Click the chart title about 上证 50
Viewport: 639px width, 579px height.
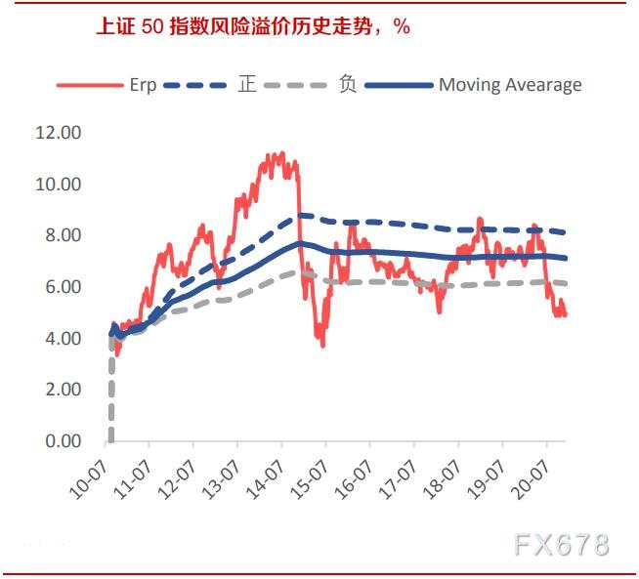(x=252, y=26)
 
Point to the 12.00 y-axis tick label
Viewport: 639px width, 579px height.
(x=58, y=133)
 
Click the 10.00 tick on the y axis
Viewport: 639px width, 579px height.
(x=58, y=185)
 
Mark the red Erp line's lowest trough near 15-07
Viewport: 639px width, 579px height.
(x=322, y=345)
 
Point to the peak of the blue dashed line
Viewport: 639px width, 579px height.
(x=301, y=215)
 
